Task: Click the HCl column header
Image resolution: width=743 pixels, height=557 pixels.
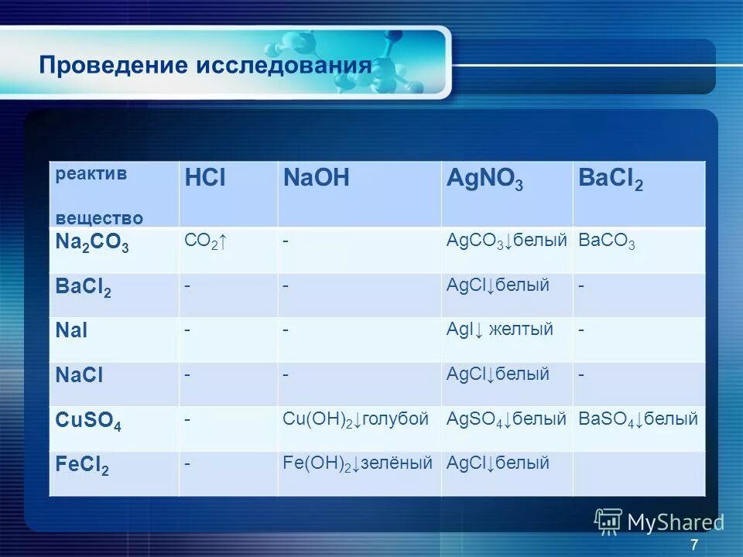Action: pos(205,179)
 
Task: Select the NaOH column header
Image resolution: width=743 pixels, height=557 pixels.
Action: pos(317,179)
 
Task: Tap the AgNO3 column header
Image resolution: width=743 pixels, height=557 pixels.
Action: pos(484,180)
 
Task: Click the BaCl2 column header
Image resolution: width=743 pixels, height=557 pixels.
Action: pos(611,180)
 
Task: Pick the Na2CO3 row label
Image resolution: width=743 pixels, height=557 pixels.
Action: pos(92,242)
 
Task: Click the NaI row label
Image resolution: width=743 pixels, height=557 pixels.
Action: pos(71,330)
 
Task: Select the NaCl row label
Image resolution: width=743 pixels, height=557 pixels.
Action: pos(79,375)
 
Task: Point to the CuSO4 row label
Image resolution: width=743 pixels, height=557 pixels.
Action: pos(88,422)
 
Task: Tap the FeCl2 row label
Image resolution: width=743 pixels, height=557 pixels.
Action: pos(83,466)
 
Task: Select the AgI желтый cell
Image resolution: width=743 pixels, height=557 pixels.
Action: pos(500,330)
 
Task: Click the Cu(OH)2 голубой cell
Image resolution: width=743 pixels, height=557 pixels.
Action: pos(355,419)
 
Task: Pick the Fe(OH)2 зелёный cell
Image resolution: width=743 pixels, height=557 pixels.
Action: pos(357,464)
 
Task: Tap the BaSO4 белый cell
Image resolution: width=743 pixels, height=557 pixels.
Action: pos(638,419)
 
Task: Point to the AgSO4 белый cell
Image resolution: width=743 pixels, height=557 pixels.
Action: pos(507,419)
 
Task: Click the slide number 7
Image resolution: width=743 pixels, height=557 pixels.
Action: pos(693,544)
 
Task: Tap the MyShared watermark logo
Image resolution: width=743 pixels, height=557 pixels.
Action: pos(659,522)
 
